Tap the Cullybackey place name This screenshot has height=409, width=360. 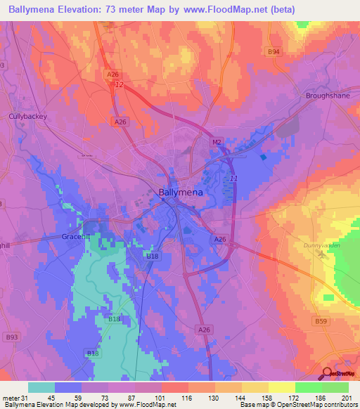[x=27, y=116]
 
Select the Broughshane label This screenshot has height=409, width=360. [x=328, y=95]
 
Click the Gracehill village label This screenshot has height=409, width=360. [x=78, y=237]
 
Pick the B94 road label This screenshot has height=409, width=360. [x=274, y=52]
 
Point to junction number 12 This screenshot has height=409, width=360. [x=120, y=84]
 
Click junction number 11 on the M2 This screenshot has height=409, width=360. [x=233, y=178]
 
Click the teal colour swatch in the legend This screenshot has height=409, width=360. [x=41, y=387]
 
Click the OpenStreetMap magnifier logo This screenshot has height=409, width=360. [x=328, y=374]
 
